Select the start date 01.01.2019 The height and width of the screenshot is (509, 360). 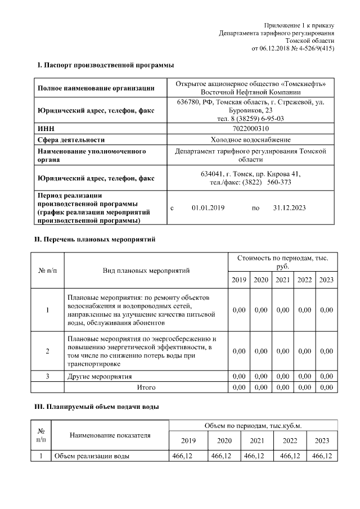[x=208, y=208]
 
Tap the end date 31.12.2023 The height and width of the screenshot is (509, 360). [x=289, y=208]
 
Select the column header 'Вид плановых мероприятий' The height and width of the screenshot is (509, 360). [x=146, y=271]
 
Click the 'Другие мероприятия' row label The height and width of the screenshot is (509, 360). [x=100, y=376]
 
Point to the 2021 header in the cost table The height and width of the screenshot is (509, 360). [x=283, y=280]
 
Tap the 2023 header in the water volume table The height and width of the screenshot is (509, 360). [x=322, y=440]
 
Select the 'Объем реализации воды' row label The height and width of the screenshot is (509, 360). [x=92, y=456]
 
